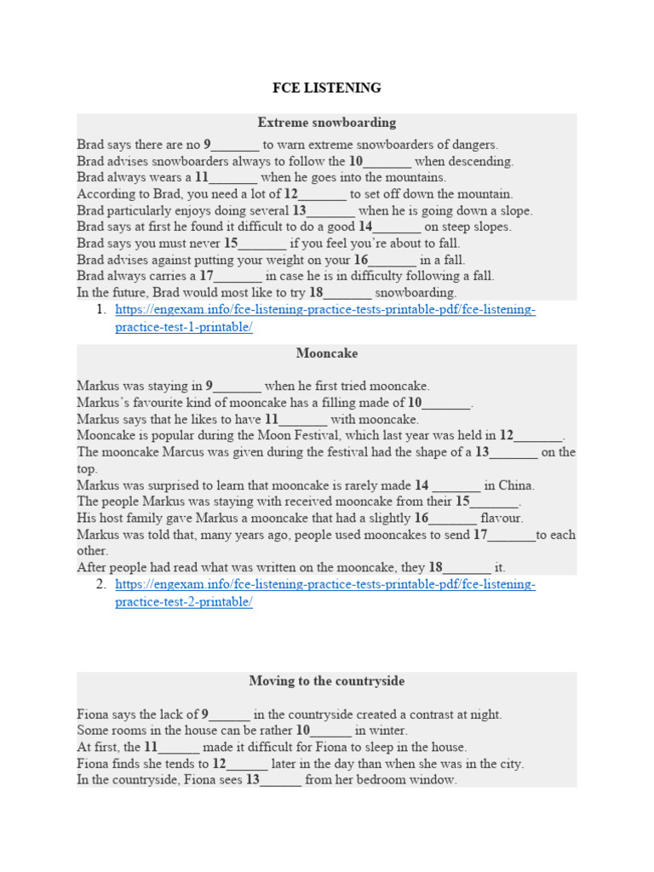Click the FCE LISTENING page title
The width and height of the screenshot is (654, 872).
(326, 88)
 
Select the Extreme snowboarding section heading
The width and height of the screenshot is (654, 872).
(326, 123)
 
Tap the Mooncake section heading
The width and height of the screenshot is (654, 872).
(326, 353)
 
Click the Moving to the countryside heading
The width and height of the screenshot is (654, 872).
(326, 681)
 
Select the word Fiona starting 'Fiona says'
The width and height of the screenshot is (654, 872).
(93, 714)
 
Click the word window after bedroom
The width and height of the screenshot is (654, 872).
(434, 780)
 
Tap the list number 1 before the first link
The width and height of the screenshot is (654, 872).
(100, 310)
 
